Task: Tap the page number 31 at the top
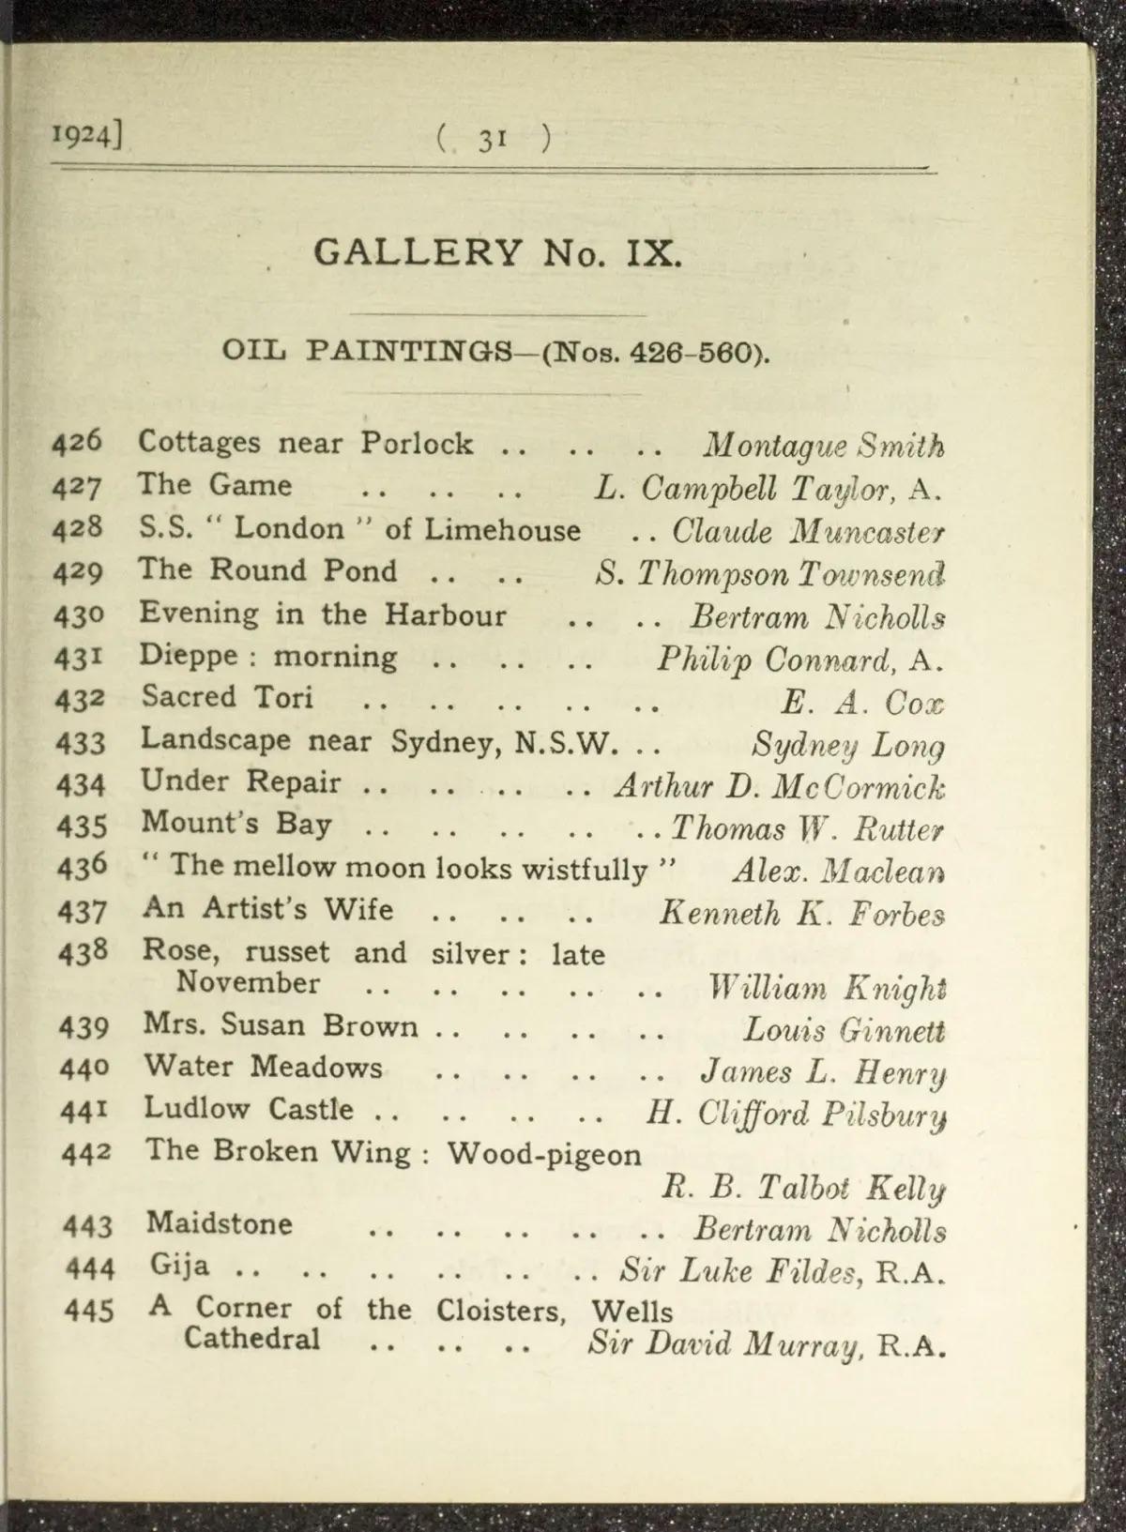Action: click(493, 140)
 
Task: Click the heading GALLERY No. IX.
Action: click(497, 252)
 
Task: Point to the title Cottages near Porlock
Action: click(306, 443)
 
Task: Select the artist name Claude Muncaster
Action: click(808, 533)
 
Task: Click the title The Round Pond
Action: click(267, 570)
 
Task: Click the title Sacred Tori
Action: click(228, 697)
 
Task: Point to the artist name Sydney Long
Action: click(848, 746)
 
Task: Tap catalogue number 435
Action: click(83, 826)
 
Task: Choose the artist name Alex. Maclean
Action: click(838, 872)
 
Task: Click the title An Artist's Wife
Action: click(268, 909)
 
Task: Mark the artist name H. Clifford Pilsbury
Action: click(796, 1114)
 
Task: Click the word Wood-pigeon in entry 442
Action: click(544, 1153)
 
